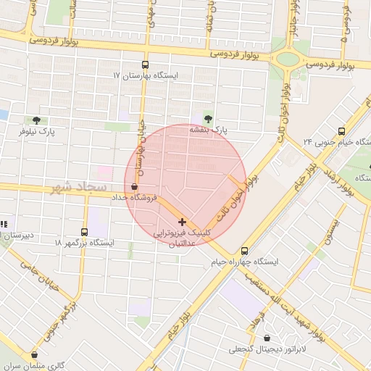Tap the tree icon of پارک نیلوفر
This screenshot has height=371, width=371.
click(36, 120)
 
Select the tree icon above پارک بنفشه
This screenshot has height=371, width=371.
click(209, 117)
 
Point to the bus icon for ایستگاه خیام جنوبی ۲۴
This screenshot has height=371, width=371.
click(341, 131)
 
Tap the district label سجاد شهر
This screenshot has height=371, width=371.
click(80, 188)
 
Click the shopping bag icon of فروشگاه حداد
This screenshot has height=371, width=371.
click(135, 186)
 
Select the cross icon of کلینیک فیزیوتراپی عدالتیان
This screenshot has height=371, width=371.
click(181, 221)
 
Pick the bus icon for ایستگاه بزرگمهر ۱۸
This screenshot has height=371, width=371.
click(85, 232)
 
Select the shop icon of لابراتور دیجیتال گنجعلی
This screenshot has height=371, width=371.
click(269, 338)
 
